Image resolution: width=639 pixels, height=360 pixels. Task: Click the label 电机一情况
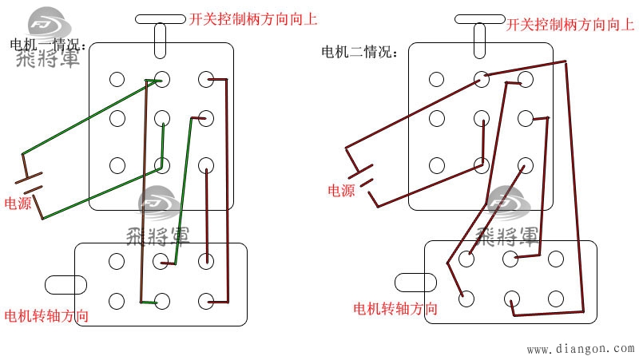[x=48, y=45]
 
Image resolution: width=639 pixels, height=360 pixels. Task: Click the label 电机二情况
[x=359, y=52]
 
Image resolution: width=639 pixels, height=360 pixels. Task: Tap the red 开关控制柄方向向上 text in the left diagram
[x=253, y=19]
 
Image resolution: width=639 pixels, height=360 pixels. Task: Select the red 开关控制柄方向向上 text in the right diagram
[x=570, y=25]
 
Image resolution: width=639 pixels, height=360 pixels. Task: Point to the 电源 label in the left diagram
[x=18, y=204]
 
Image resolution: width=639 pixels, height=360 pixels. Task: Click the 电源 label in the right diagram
[x=342, y=190]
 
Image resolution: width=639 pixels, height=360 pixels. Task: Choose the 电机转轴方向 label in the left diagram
[x=46, y=315]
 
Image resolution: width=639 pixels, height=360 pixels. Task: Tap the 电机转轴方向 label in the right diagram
[x=395, y=309]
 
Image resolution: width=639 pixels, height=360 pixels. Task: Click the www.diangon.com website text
[x=581, y=349]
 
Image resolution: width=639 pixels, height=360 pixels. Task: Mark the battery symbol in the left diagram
[x=30, y=184]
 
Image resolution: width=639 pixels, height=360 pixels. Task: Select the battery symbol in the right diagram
[x=361, y=175]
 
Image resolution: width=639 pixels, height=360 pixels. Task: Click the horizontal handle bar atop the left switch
[x=161, y=19]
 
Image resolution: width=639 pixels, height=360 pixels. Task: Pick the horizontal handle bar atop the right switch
[x=480, y=19]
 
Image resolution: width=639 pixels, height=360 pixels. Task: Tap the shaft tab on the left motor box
[x=65, y=285]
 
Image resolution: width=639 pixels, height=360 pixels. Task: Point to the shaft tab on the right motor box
[x=415, y=283]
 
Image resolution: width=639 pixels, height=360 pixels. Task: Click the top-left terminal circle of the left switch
[x=117, y=79]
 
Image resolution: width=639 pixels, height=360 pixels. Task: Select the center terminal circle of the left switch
[x=162, y=118]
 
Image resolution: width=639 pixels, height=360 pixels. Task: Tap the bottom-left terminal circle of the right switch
[x=437, y=165]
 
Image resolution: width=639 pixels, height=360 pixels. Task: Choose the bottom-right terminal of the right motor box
[x=556, y=299]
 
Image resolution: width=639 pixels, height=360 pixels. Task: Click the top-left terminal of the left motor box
[x=117, y=261]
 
